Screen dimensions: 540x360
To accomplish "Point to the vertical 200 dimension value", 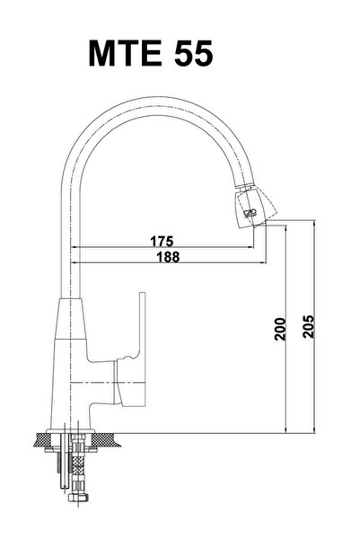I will click(x=280, y=333).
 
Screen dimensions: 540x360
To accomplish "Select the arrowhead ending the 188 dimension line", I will click(x=265, y=262).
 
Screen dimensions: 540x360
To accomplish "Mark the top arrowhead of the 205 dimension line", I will click(x=316, y=223).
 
